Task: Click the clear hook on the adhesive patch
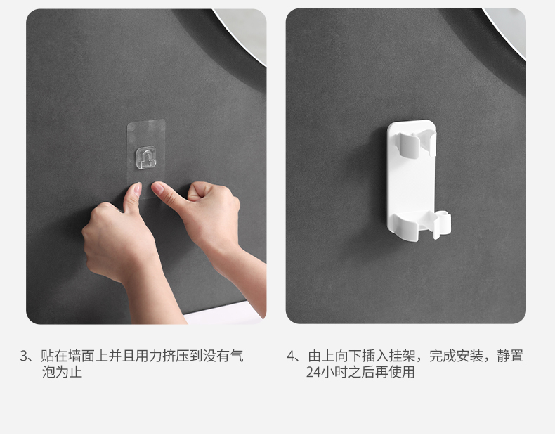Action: point(146,157)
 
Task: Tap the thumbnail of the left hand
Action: point(136,189)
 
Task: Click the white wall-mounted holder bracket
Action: point(418,181)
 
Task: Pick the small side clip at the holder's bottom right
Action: point(441,224)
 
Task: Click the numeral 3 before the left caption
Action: point(24,356)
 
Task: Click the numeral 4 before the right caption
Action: point(291,356)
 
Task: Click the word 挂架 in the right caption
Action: point(402,356)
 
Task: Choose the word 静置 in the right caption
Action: point(510,356)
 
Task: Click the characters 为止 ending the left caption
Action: point(69,372)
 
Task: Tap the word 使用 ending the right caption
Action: point(401,372)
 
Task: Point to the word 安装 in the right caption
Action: point(470,356)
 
